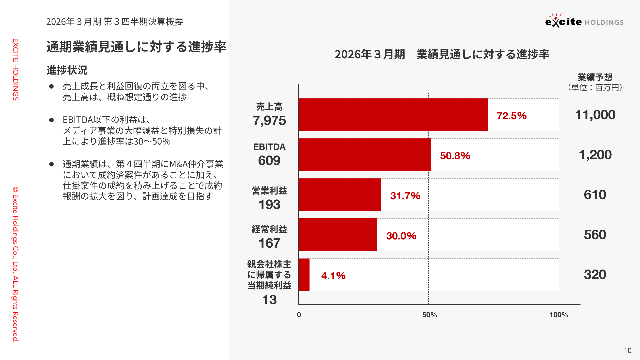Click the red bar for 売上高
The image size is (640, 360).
click(x=393, y=114)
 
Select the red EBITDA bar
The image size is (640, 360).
click(x=364, y=154)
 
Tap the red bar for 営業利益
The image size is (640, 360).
click(x=339, y=194)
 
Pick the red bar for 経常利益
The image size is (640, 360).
click(x=337, y=234)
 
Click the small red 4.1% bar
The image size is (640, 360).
click(x=304, y=274)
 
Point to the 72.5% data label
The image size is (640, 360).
click(x=511, y=116)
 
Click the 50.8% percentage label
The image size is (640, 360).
click(x=455, y=156)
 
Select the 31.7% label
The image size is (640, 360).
click(x=405, y=196)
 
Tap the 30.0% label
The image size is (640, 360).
click(x=401, y=236)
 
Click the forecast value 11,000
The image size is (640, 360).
click(x=595, y=115)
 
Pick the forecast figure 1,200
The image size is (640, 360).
click(x=595, y=155)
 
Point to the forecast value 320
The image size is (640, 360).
click(x=595, y=275)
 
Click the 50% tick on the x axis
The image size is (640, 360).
click(x=429, y=315)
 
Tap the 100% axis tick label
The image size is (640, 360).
click(x=559, y=315)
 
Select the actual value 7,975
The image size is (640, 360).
click(x=269, y=120)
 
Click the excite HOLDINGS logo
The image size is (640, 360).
click(x=584, y=21)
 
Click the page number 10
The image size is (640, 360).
click(x=628, y=350)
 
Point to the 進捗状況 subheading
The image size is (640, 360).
click(x=67, y=70)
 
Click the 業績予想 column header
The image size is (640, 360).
click(x=595, y=77)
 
